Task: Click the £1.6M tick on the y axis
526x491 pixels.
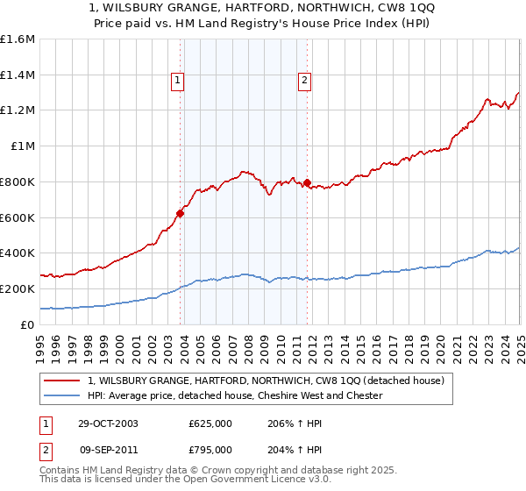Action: [x=18, y=39]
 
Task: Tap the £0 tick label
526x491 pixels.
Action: [x=27, y=324]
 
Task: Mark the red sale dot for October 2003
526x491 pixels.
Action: [x=181, y=213]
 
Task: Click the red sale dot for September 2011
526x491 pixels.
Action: [x=307, y=182]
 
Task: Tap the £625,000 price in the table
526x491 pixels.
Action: [x=210, y=423]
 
